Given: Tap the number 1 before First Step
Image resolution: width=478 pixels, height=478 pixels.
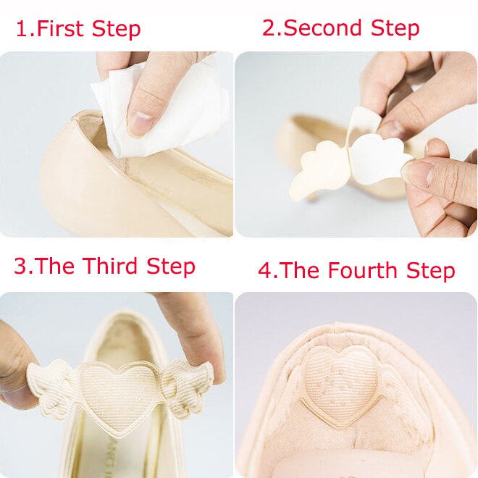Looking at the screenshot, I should coord(21,30).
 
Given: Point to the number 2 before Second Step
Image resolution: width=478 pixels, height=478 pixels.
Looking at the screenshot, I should coord(269,28).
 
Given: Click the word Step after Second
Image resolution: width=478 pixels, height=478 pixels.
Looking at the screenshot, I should coord(395,28).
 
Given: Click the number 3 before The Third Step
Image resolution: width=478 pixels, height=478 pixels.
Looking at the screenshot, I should coord(20,266).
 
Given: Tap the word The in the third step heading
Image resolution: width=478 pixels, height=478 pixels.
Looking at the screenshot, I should coord(56,266).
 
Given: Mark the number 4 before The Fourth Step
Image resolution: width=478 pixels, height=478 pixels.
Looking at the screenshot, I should coord(265,271).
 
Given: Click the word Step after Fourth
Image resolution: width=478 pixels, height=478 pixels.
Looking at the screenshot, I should coord(430,271).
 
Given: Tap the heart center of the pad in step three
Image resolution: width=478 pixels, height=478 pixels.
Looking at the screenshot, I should coord(119,391).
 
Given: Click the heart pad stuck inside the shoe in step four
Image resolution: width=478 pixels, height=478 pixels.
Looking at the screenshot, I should coord(343,380).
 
